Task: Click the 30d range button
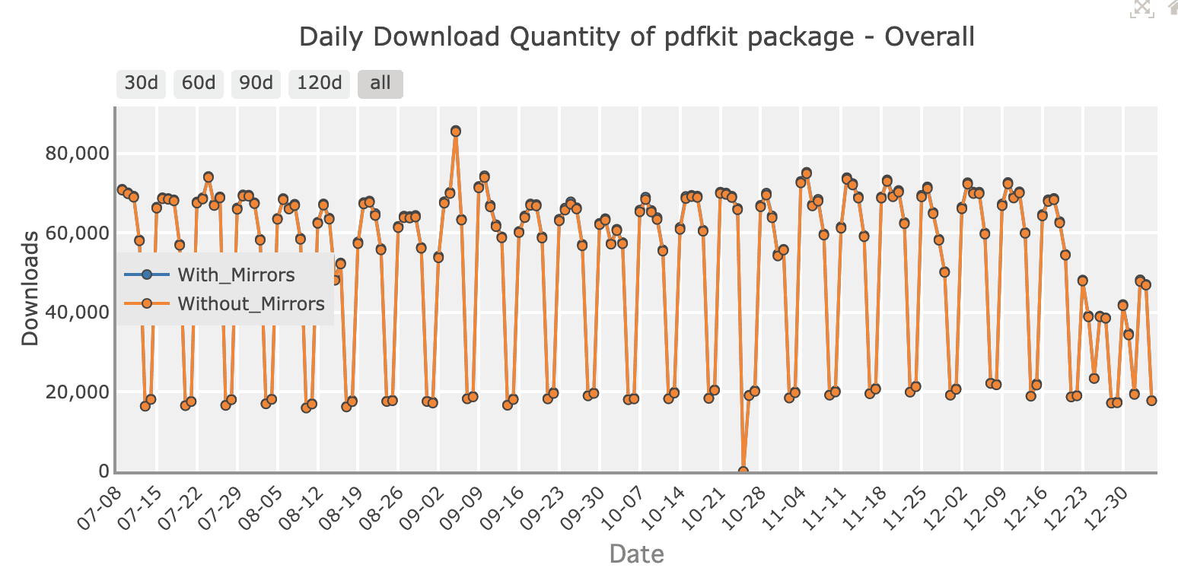coord(141,83)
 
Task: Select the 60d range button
coord(199,83)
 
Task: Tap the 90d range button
coord(256,83)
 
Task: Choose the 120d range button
coord(320,83)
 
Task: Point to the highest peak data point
coord(456,131)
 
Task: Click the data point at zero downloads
coord(743,471)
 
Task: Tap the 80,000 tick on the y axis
coord(74,154)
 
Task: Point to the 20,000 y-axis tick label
coord(74,392)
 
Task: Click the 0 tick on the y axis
coord(103,471)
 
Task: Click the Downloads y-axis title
coord(30,288)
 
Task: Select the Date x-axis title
coord(636,554)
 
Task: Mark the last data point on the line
coord(1151,401)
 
